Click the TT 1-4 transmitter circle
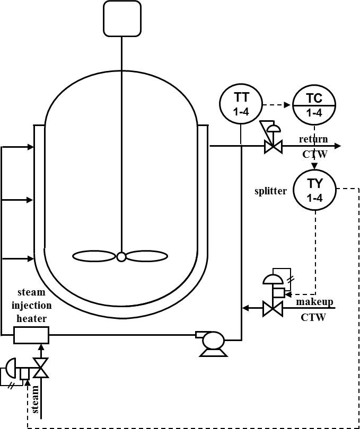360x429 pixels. click(x=241, y=104)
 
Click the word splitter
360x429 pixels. click(x=270, y=191)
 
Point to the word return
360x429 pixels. click(x=313, y=139)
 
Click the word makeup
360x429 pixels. click(x=315, y=302)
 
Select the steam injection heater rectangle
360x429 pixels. click(x=31, y=335)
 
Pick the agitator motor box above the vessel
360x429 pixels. click(x=122, y=19)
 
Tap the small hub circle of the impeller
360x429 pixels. click(x=121, y=257)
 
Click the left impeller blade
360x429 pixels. click(x=94, y=257)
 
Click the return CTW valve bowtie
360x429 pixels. click(x=273, y=146)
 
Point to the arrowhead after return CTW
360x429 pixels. click(x=337, y=146)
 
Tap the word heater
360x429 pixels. click(x=32, y=318)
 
